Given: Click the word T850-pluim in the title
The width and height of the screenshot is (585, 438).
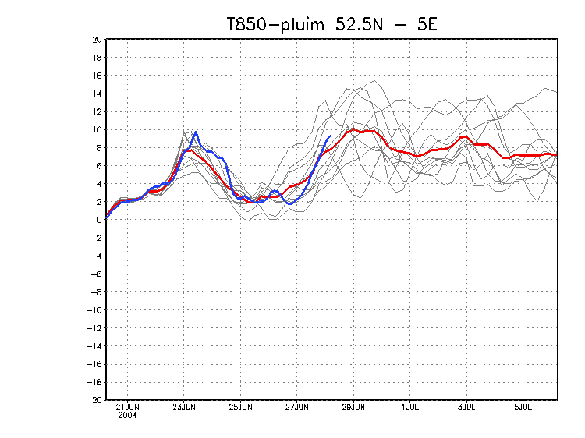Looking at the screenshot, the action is coord(276,25).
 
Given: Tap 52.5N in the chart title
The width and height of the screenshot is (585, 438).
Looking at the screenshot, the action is coord(360,25).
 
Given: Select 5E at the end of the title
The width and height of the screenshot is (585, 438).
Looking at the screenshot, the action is coord(427,25).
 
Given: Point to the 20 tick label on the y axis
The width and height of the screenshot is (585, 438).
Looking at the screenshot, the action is coord(97,40).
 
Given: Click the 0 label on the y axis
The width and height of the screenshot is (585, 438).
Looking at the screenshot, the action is coord(99,220).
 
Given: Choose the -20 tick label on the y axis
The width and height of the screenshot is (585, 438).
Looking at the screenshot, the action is coord(94,400).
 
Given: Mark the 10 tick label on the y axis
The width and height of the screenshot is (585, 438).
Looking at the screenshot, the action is coord(97,129).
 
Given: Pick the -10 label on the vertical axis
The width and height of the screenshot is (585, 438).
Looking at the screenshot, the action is coord(94,309).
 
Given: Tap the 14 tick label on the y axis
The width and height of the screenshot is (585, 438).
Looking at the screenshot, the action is coord(97,94).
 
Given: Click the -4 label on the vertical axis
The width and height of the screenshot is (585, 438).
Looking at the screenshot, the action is coord(97,256).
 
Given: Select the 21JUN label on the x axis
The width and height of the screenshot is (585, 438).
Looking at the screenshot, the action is coord(128,407).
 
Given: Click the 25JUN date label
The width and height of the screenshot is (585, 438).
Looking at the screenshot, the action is coord(241,407).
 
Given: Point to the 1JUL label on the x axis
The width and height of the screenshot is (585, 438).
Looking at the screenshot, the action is coord(410,407).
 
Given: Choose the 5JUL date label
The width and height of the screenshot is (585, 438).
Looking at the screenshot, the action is coord(523,407).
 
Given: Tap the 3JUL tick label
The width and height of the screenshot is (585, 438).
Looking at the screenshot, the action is coord(466,407).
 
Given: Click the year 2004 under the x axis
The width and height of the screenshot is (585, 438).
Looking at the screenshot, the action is coord(128,415).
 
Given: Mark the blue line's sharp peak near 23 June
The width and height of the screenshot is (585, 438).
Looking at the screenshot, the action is coord(197,132).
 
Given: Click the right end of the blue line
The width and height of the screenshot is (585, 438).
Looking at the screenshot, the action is coord(330,136).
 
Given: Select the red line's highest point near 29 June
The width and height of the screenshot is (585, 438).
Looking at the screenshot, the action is coord(353,129).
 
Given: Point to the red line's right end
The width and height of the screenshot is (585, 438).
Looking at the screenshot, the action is coord(557,154).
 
